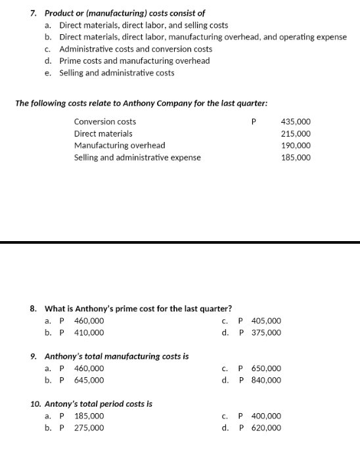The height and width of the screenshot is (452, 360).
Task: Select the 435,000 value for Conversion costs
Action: tap(296, 122)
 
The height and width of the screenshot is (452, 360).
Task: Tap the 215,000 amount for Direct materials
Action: tap(296, 134)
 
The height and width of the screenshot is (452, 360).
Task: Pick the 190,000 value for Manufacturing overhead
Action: tap(296, 146)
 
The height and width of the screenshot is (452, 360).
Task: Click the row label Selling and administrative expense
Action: tap(137, 158)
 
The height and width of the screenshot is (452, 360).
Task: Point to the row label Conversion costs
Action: tap(105, 122)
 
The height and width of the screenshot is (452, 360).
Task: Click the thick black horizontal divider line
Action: tap(180, 242)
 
